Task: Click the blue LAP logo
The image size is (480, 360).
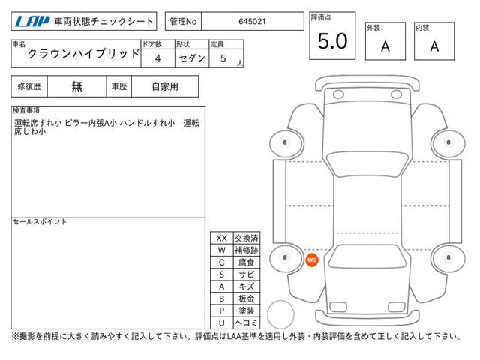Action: click(x=32, y=21)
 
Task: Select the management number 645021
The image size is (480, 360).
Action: click(x=252, y=22)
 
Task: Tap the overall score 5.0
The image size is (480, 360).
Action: click(x=332, y=41)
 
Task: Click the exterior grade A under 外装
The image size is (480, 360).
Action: click(x=385, y=46)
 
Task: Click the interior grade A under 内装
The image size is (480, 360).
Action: click(x=434, y=46)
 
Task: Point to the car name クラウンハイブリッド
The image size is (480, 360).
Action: click(x=83, y=54)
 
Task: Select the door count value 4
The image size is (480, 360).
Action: click(x=157, y=58)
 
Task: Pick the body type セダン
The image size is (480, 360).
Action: click(x=192, y=58)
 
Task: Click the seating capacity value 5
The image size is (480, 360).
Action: click(x=223, y=58)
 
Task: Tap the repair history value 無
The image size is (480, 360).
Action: click(x=76, y=86)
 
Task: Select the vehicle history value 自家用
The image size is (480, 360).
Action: click(x=165, y=87)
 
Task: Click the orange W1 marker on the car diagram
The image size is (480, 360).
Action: click(x=312, y=260)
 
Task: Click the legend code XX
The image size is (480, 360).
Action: click(x=222, y=238)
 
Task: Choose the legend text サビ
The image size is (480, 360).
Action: click(x=247, y=274)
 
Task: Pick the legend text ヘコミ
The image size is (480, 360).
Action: click(x=247, y=322)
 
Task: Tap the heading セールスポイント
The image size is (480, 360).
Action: click(x=40, y=222)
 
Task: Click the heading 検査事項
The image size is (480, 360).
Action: click(x=26, y=110)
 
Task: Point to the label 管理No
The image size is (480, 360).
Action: click(x=183, y=22)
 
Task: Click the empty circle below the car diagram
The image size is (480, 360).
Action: click(x=280, y=314)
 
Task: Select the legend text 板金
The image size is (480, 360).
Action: click(x=247, y=298)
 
